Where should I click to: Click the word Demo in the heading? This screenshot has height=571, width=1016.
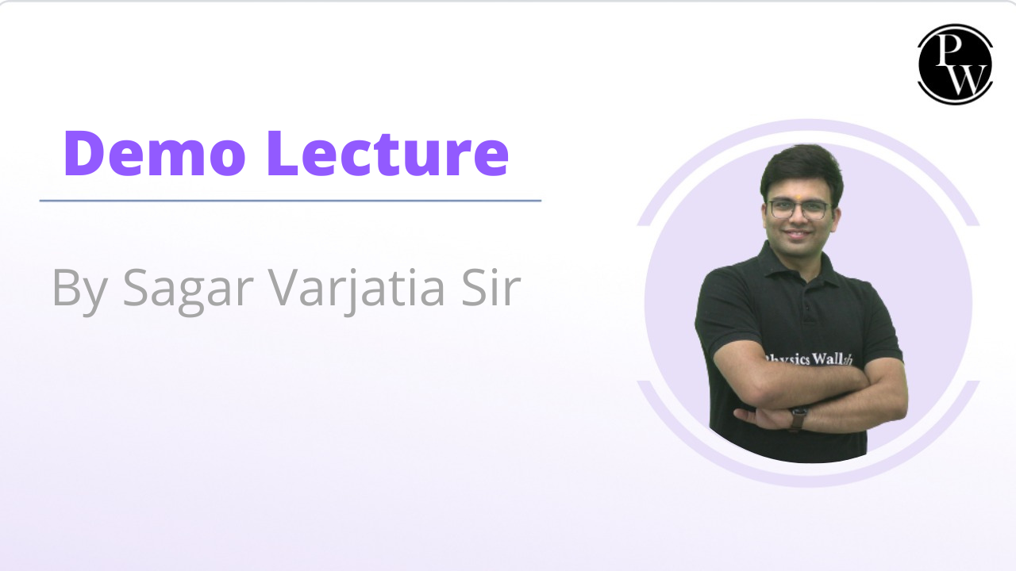[155, 153]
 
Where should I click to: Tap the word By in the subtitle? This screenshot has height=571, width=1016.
[80, 291]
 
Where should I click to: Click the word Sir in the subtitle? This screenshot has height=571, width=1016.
[491, 287]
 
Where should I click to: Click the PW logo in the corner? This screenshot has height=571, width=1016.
[955, 64]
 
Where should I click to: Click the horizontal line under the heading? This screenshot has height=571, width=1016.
[291, 201]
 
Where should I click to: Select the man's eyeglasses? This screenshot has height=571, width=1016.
[799, 209]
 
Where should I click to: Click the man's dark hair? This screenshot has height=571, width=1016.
[802, 170]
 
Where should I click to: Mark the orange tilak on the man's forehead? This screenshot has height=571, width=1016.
[798, 197]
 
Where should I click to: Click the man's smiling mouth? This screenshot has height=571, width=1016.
[798, 234]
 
